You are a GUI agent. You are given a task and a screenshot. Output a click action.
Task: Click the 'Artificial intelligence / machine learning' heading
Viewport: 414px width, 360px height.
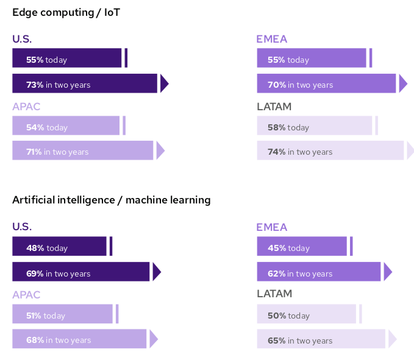click(112, 199)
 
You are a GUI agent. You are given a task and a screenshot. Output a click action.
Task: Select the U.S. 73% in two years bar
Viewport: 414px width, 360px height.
click(85, 83)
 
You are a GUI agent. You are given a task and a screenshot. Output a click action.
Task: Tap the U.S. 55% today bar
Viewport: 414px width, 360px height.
click(67, 58)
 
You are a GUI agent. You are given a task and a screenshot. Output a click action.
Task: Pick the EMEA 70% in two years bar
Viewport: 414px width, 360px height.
click(326, 83)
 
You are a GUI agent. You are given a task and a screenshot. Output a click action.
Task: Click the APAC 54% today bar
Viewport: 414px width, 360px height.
click(66, 125)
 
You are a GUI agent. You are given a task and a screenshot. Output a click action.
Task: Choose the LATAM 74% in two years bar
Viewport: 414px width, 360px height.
click(330, 150)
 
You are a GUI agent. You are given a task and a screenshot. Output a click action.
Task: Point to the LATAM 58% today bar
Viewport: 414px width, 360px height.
click(314, 125)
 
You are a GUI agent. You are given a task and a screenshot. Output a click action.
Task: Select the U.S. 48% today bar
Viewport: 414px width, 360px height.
click(59, 247)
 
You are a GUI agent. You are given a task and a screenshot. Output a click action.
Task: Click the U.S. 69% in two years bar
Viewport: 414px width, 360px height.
click(80, 272)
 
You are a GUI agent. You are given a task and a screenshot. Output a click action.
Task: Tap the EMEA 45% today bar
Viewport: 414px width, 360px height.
click(302, 247)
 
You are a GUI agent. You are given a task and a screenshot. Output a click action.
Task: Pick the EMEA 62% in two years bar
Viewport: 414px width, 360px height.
click(319, 272)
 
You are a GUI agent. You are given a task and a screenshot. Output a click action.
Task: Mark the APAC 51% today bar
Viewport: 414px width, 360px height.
click(62, 314)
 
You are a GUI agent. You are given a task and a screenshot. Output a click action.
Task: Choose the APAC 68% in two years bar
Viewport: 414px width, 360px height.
click(79, 339)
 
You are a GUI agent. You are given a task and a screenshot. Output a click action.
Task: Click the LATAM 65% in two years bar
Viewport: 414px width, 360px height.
click(321, 339)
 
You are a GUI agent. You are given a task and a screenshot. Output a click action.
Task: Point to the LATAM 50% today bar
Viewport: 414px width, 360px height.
click(306, 314)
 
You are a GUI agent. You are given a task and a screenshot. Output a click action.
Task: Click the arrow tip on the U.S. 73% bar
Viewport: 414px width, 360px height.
click(164, 83)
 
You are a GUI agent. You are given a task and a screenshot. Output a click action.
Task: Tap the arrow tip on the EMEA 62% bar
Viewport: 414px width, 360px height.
click(387, 272)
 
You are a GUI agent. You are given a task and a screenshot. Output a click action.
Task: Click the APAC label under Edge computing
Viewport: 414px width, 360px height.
click(26, 107)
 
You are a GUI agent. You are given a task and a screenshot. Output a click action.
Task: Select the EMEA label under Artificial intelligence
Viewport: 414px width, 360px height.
click(271, 227)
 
